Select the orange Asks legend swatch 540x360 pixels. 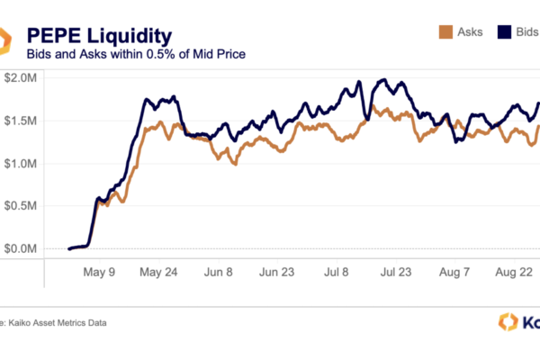click(444, 31)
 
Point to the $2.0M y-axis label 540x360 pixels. click(21, 79)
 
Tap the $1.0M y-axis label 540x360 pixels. click(21, 164)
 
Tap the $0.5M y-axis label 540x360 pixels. click(21, 206)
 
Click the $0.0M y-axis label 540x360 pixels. click(21, 248)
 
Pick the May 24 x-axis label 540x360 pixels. click(157, 271)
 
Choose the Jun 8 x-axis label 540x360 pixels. click(219, 271)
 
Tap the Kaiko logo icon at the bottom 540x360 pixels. click(507, 322)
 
